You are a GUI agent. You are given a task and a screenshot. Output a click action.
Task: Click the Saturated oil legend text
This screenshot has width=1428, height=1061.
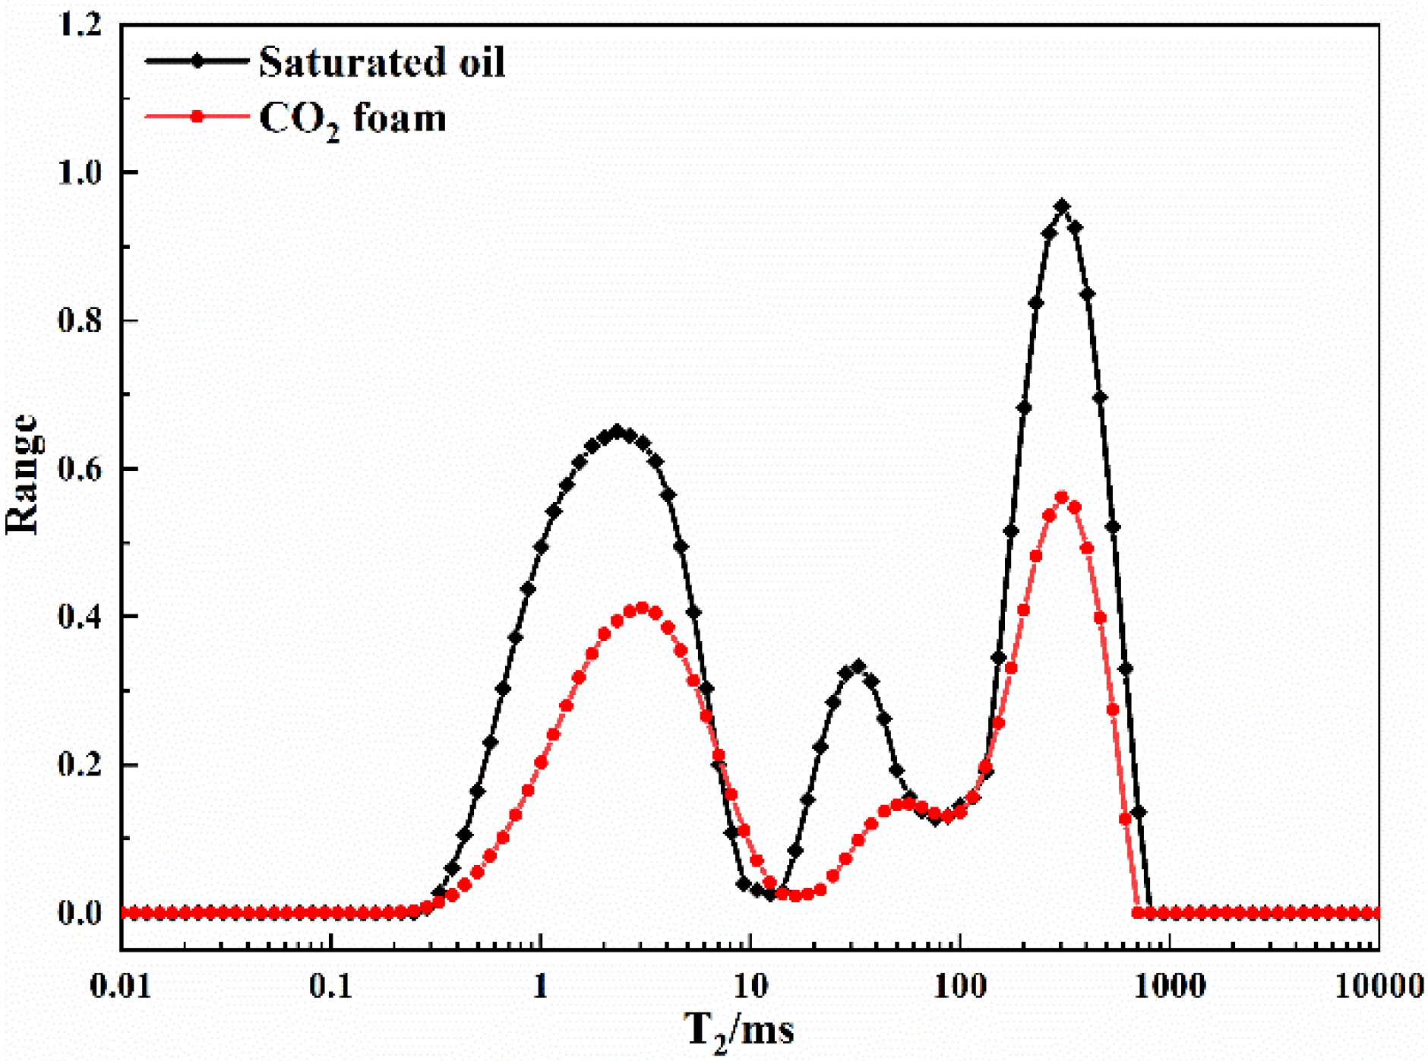[x=381, y=62]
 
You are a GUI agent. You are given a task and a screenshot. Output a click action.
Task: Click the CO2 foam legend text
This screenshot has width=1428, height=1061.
[x=352, y=119]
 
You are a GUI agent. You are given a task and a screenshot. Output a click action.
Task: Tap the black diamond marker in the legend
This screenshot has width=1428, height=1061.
[x=197, y=62]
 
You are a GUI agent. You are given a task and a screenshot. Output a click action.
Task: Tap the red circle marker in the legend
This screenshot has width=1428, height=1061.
[x=197, y=117]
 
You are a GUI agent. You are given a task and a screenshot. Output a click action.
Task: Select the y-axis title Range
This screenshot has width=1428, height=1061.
[x=21, y=475]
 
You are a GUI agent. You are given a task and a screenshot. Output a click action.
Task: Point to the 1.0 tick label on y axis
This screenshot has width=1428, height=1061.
[x=79, y=172]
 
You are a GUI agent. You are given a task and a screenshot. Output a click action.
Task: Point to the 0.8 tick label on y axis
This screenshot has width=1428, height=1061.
[x=79, y=321]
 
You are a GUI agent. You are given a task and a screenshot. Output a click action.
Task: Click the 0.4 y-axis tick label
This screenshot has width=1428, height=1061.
[x=79, y=617]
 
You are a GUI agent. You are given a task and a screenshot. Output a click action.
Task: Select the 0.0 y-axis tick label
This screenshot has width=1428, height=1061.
[x=79, y=913]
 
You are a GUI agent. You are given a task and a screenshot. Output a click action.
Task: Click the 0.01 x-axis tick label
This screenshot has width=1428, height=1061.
[x=120, y=986]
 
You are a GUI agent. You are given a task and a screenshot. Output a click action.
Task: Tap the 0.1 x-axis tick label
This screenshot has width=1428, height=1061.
[x=330, y=986]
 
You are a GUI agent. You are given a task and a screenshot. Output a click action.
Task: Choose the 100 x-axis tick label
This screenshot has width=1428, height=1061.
[x=959, y=986]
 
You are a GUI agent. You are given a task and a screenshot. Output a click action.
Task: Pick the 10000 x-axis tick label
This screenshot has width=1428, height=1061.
[x=1379, y=986]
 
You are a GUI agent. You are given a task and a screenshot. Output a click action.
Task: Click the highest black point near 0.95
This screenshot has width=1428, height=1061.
[x=1062, y=207]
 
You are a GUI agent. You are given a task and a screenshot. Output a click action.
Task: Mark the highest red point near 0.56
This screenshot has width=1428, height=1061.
[x=1062, y=497]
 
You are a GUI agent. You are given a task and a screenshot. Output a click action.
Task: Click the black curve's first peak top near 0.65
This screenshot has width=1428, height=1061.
[x=617, y=431]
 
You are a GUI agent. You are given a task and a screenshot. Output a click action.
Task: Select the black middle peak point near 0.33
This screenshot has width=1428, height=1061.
[x=858, y=667]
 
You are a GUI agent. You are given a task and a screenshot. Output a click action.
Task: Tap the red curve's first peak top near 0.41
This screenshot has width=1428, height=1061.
[x=642, y=608]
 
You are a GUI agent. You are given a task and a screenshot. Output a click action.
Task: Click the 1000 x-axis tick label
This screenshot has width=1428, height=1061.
[x=1169, y=986]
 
